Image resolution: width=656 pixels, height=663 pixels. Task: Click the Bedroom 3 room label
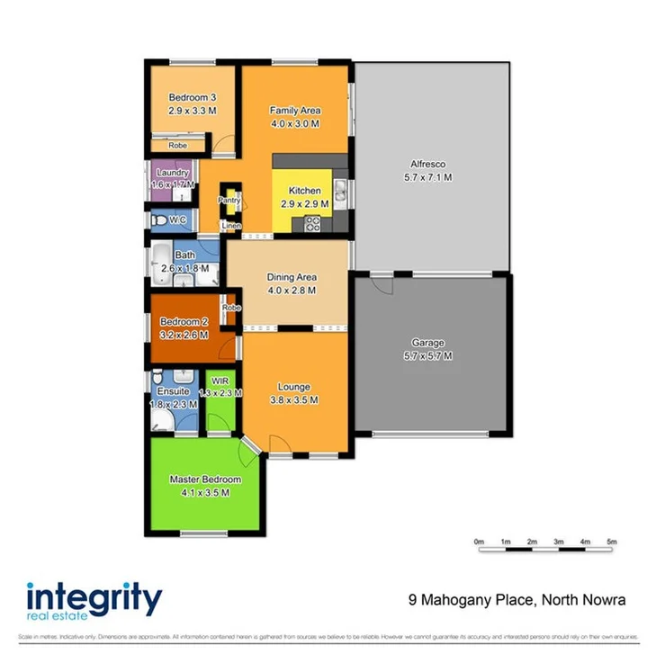coord(193,97)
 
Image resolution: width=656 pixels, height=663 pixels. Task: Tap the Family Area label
coord(295,111)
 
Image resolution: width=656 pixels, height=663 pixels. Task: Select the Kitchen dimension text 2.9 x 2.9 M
coord(304,204)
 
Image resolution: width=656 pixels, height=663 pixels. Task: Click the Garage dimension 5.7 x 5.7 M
coord(429,356)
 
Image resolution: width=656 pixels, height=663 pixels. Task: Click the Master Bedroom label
coord(205,479)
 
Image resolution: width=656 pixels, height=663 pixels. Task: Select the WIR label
coord(220,380)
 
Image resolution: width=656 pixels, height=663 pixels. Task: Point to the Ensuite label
coord(173,392)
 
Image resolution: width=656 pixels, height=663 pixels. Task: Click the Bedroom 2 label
coord(184,322)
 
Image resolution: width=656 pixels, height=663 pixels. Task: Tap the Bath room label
coord(184,255)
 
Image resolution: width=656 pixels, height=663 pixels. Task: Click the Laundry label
coord(172,173)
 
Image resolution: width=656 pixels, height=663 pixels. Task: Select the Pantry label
coord(229,201)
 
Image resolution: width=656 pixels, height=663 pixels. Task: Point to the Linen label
coord(231,225)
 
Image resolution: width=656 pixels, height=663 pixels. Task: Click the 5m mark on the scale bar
coord(611,542)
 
